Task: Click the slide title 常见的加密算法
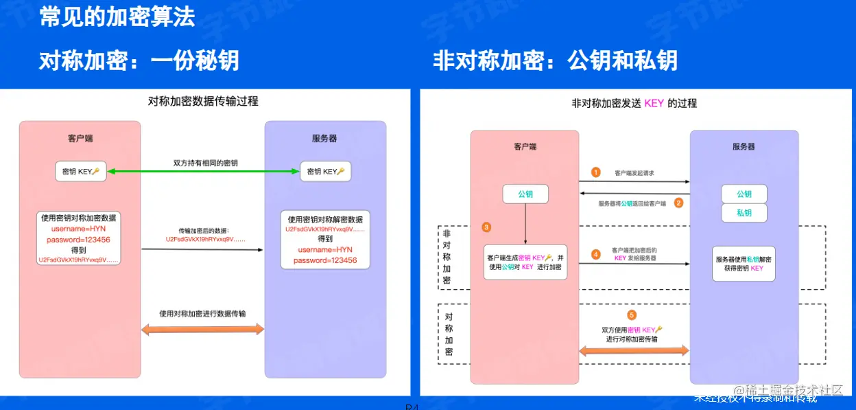(x=117, y=16)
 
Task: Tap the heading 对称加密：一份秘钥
(x=139, y=60)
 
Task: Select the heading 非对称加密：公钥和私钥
(x=555, y=60)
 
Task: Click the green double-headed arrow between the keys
(x=204, y=171)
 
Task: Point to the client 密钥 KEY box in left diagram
(x=81, y=172)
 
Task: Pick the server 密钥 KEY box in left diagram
(x=325, y=172)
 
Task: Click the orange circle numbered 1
(x=596, y=172)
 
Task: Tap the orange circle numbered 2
(x=678, y=203)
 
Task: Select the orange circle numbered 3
(x=486, y=227)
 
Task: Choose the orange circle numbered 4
(x=596, y=254)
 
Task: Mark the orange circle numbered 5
(x=632, y=315)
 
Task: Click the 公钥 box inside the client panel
(x=525, y=194)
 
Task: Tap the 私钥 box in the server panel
(x=744, y=213)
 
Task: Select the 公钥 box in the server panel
(x=744, y=194)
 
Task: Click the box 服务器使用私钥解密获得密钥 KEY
(x=744, y=264)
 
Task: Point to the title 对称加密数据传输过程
(x=203, y=102)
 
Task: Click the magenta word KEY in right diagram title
(x=654, y=103)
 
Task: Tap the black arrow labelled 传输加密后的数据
(x=204, y=249)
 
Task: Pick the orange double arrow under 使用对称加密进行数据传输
(x=202, y=330)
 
